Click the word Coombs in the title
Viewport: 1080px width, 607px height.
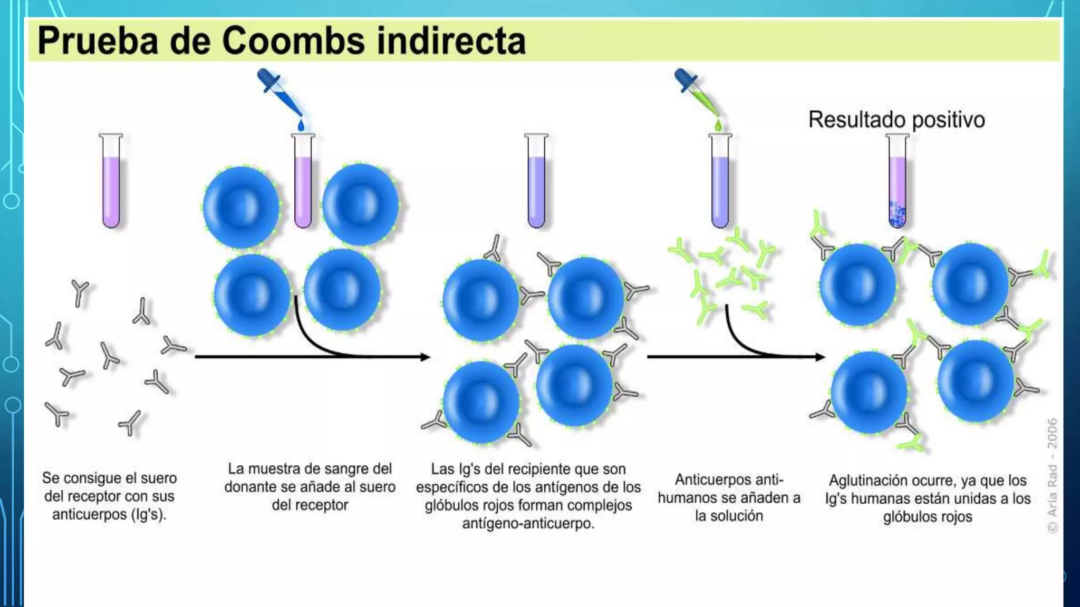click(x=293, y=41)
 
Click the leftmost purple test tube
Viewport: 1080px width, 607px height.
click(x=111, y=182)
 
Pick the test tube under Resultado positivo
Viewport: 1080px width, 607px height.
click(x=897, y=182)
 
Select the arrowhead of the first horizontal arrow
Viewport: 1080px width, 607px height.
click(x=425, y=357)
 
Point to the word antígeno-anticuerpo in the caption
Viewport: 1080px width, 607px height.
click(x=528, y=524)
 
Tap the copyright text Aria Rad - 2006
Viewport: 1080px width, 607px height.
click(x=1052, y=474)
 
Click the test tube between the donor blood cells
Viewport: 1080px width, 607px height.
click(x=303, y=182)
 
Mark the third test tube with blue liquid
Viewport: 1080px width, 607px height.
click(x=536, y=182)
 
